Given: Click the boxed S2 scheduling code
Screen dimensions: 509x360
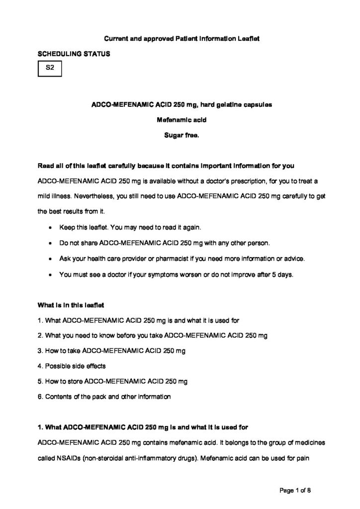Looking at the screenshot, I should (x=50, y=68).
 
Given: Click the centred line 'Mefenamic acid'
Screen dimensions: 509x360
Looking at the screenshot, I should (x=180, y=119).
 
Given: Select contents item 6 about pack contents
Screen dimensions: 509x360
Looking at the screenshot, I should (x=104, y=397).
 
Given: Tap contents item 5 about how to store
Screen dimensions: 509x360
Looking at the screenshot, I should (x=112, y=381).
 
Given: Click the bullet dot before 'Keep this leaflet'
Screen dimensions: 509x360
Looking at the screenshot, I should (x=52, y=228).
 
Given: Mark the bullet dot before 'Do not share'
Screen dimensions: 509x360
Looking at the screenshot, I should (x=52, y=244).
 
